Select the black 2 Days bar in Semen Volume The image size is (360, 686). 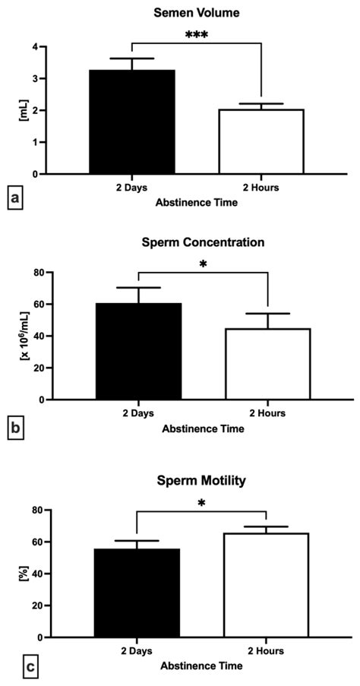pyautogui.click(x=132, y=122)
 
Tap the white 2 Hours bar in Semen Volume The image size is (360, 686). pyautogui.click(x=261, y=142)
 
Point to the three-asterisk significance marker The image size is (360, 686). pyautogui.click(x=197, y=35)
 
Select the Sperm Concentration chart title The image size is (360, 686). pyautogui.click(x=203, y=243)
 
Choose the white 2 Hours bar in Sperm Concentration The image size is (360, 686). pyautogui.click(x=267, y=364)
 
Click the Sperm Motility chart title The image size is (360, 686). pyautogui.click(x=202, y=481)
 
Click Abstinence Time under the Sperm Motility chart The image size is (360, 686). pyautogui.click(x=202, y=666)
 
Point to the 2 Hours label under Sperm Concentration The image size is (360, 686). pyautogui.click(x=267, y=413)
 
